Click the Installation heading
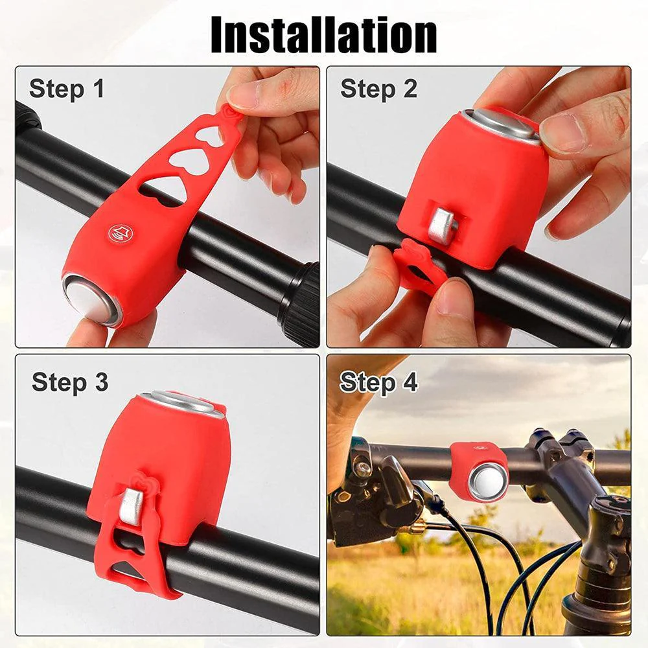coord(324,35)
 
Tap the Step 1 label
coord(67,89)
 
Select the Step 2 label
coord(378,89)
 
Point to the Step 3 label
coord(70,382)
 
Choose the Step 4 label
coord(378,382)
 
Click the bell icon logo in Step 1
coord(117,233)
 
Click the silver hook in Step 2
coord(442,226)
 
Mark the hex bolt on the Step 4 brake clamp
coord(364,468)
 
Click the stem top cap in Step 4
coord(612,506)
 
